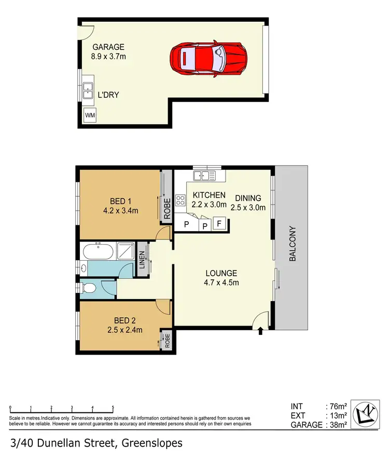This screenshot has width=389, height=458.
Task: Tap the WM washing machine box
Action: click(90, 115)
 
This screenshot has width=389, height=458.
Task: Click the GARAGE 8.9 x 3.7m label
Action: click(109, 52)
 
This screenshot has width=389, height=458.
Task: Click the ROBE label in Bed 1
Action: click(167, 209)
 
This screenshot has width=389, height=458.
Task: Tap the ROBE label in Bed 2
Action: click(167, 340)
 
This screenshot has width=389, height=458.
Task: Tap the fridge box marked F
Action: click(219, 224)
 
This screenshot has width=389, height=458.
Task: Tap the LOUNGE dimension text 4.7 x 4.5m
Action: click(221, 282)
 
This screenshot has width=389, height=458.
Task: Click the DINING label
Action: click(248, 198)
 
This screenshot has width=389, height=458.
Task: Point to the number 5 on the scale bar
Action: click(113, 408)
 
